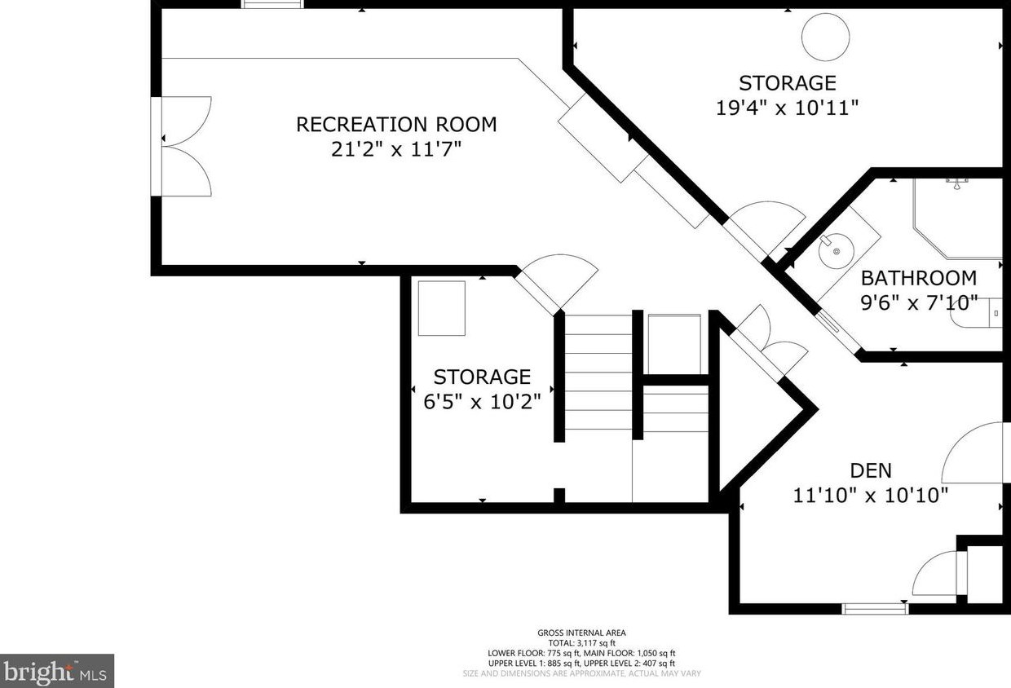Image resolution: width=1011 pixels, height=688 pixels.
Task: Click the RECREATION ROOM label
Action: click(x=396, y=125)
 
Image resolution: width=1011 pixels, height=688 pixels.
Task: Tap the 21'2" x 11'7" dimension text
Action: click(x=396, y=149)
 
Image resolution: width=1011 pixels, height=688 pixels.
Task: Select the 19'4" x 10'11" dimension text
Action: click(x=787, y=108)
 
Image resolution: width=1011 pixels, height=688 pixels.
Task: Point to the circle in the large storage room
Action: click(x=825, y=37)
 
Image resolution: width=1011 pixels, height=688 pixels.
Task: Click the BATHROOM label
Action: click(x=919, y=278)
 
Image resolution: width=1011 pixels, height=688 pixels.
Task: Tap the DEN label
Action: click(x=871, y=470)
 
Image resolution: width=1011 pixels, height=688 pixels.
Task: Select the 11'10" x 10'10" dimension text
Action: click(x=871, y=496)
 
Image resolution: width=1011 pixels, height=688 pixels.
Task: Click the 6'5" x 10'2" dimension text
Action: click(x=482, y=401)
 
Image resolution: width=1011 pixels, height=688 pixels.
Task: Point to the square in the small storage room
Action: click(x=441, y=309)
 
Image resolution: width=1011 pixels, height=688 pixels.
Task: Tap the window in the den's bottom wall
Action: click(x=875, y=609)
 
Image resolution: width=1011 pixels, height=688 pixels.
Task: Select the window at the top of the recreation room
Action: click(x=272, y=4)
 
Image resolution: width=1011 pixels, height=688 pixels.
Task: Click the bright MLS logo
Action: click(x=57, y=671)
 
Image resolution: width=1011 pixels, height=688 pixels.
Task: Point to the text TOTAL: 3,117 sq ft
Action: click(x=581, y=643)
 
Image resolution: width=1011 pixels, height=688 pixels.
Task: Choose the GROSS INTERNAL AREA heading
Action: click(x=581, y=633)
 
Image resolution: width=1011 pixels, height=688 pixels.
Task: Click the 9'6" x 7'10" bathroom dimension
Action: click(x=919, y=302)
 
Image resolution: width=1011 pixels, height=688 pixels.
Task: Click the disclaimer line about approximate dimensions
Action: click(x=581, y=673)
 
